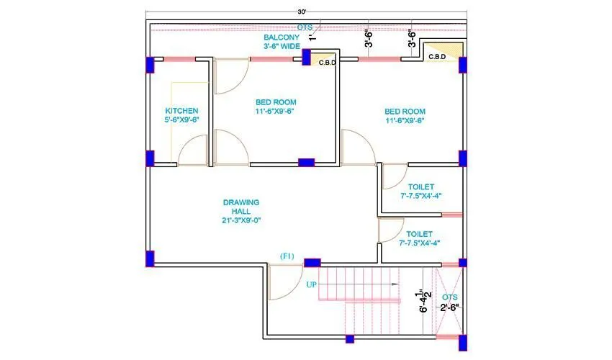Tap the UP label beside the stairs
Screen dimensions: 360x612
[312, 284]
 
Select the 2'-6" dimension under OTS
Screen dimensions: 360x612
[450, 307]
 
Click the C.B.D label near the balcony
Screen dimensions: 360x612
[328, 63]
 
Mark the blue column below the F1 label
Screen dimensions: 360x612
[312, 264]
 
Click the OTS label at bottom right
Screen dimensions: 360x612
[450, 297]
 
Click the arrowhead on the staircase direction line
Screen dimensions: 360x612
[395, 284]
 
